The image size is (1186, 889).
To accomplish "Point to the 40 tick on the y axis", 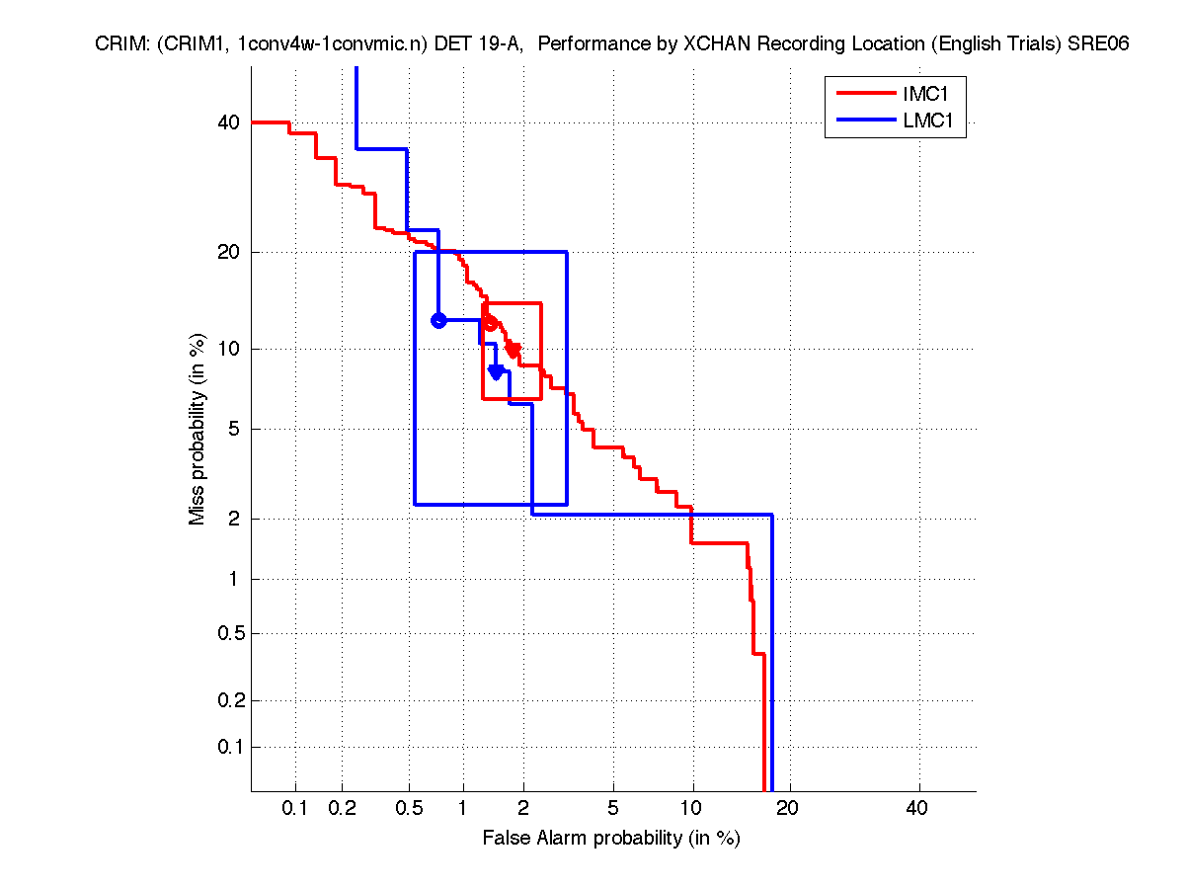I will pos(228,122).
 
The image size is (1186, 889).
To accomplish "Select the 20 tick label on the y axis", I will pos(228,252).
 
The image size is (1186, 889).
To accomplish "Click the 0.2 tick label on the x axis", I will pos(343,809).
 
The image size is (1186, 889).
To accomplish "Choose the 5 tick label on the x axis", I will pos(613,809).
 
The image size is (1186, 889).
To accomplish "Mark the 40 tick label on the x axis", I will pos(917,809).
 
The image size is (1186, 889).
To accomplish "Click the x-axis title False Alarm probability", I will pos(610,839).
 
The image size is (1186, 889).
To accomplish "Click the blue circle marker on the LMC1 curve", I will pos(439,320).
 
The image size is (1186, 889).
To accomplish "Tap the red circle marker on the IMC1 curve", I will pos(490,323).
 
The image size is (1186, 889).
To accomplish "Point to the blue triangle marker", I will pos(497,371).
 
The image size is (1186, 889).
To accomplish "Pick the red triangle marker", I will pos(514,350).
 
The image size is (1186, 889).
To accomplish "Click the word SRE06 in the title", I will pos(1101,44).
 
